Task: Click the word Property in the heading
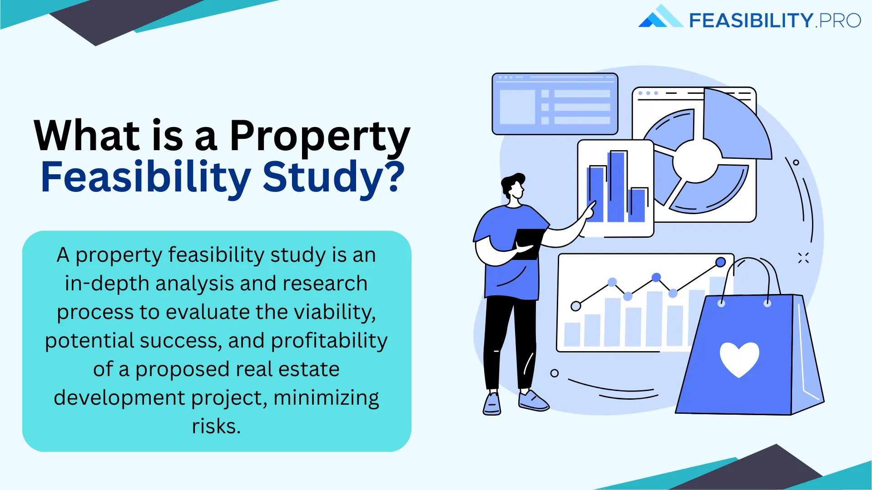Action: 319,136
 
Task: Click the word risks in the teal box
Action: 216,426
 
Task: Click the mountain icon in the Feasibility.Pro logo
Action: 659,17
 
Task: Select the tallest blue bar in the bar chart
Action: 616,187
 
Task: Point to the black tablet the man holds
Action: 528,243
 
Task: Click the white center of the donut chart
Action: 696,161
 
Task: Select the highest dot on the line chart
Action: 720,262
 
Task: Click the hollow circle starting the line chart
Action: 576,306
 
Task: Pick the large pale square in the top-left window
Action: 517,107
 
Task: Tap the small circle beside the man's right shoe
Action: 554,373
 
